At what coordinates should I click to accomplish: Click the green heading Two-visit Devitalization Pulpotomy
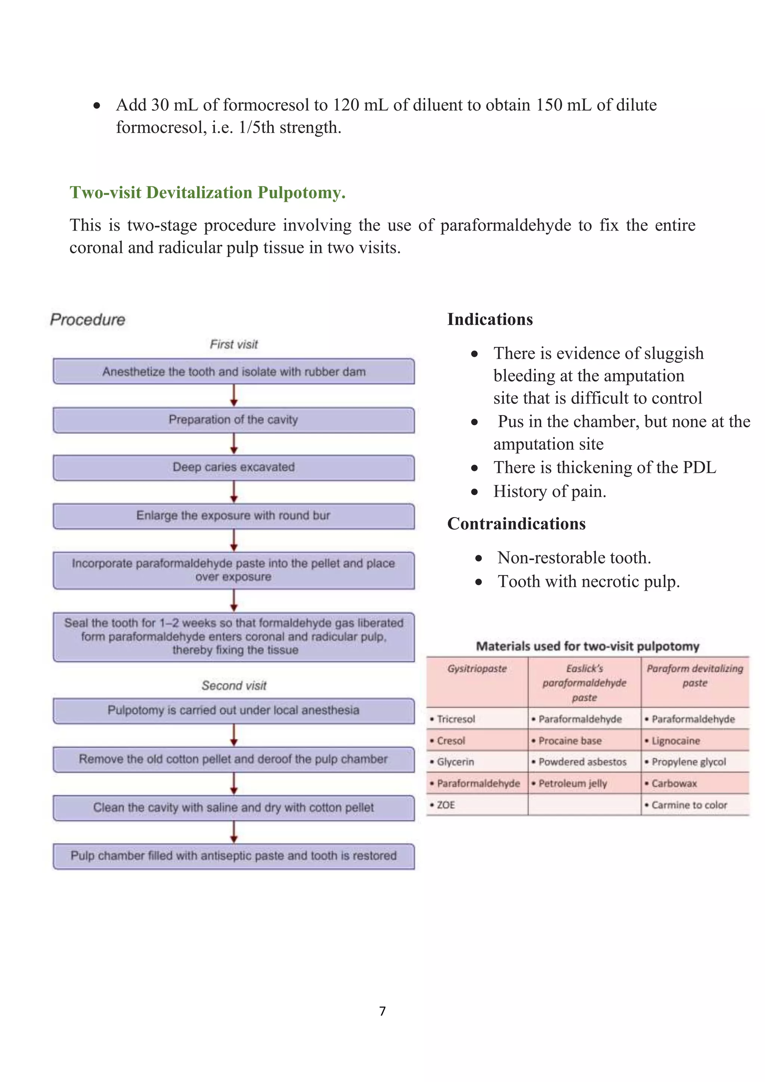(207, 193)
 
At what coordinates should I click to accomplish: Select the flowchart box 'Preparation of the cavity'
(233, 420)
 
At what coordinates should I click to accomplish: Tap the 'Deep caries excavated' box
(233, 467)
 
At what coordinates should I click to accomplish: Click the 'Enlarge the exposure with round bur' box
(233, 516)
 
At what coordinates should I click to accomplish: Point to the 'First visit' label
(233, 344)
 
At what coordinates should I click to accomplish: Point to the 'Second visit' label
(233, 686)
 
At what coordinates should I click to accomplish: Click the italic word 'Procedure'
(88, 319)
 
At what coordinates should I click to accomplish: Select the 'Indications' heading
(490, 319)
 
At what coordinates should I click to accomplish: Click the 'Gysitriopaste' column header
(477, 669)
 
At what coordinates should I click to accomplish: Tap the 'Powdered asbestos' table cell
(582, 762)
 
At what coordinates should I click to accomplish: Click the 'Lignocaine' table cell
(675, 741)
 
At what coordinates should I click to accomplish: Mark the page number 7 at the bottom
(382, 1011)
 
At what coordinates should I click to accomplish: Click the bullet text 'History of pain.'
(550, 492)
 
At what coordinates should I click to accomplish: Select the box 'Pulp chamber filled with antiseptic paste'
(233, 856)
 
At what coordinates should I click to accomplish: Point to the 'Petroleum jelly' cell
(572, 784)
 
